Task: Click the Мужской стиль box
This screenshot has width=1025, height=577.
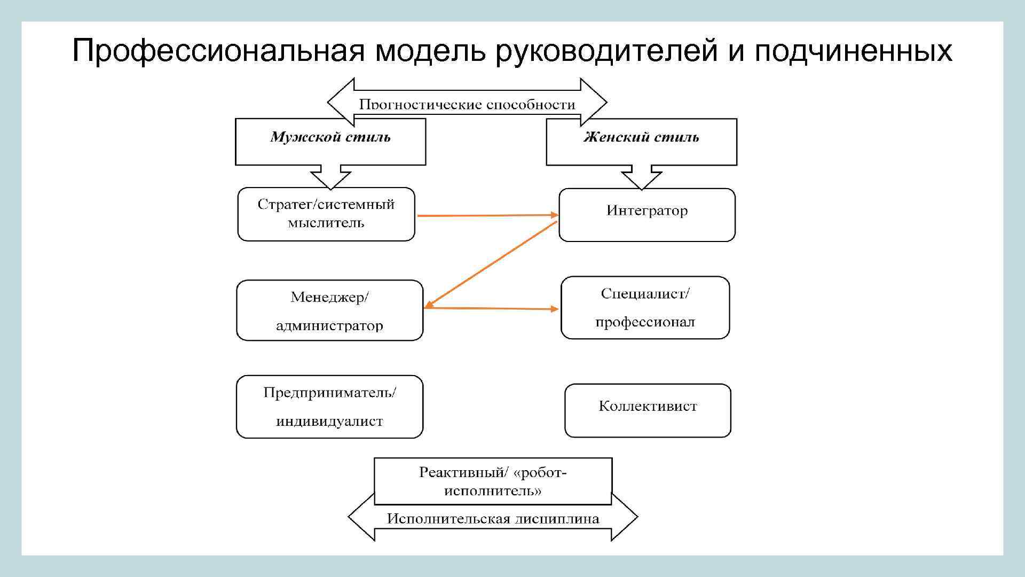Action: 330,141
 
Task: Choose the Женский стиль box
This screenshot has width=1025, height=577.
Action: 641,141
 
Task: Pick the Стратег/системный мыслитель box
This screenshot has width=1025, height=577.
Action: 326,214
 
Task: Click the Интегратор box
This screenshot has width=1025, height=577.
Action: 647,215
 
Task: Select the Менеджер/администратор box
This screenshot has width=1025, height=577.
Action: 329,310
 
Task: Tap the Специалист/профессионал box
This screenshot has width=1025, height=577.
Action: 645,308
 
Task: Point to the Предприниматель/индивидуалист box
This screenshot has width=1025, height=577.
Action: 329,407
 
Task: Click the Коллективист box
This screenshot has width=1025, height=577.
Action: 648,410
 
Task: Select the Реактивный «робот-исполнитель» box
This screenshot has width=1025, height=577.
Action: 493,481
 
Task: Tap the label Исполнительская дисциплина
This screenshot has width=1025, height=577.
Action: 493,518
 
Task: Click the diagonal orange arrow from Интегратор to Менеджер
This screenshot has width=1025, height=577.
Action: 491,264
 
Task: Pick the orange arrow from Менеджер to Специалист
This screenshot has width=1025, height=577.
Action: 491,308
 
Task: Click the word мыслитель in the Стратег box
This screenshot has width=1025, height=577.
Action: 326,223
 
